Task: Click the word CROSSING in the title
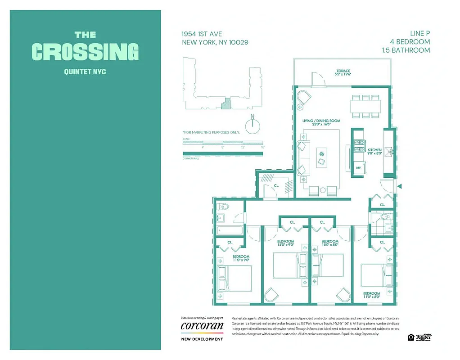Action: coord(85,52)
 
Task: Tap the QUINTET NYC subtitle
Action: coord(85,71)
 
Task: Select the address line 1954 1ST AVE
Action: coord(202,34)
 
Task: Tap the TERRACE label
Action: coord(343,71)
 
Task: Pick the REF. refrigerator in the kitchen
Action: coord(359,167)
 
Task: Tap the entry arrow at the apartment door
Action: coord(400,185)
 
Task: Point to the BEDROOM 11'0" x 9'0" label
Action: coord(241,258)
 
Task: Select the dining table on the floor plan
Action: coord(365,106)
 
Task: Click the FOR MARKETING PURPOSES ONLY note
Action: coord(211,132)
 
